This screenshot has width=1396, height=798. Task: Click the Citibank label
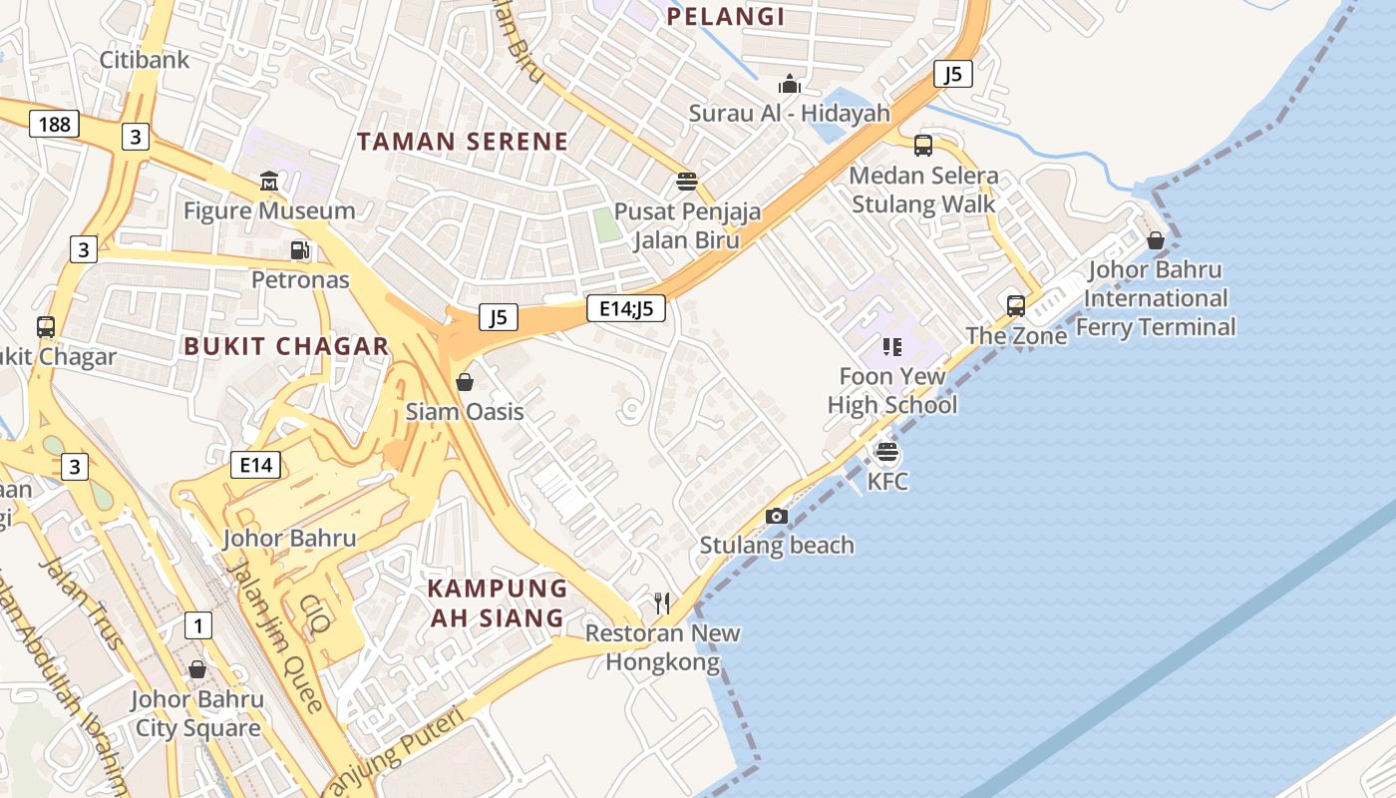pyautogui.click(x=145, y=60)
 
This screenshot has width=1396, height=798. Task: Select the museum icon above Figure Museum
pyautogui.click(x=269, y=182)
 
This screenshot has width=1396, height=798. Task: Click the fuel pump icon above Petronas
pyautogui.click(x=299, y=249)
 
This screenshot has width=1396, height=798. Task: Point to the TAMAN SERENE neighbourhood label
pyautogui.click(x=463, y=142)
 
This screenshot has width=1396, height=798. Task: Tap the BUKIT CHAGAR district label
pyautogui.click(x=286, y=346)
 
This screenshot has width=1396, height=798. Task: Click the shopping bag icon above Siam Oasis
pyautogui.click(x=465, y=381)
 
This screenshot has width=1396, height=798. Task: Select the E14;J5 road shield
pyautogui.click(x=626, y=308)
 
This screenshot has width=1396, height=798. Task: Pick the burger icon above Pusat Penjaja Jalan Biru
pyautogui.click(x=686, y=182)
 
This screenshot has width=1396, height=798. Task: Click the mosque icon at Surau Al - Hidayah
pyautogui.click(x=790, y=84)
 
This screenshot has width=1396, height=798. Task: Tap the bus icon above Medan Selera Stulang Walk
pyautogui.click(x=923, y=146)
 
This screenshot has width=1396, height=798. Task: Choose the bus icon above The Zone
pyautogui.click(x=1016, y=305)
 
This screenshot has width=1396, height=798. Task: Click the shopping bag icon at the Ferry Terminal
pyautogui.click(x=1156, y=240)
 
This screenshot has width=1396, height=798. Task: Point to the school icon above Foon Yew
pyautogui.click(x=892, y=347)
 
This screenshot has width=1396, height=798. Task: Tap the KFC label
pyautogui.click(x=887, y=482)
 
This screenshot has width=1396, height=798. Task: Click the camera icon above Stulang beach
pyautogui.click(x=777, y=516)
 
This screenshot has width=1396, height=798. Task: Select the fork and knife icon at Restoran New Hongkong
pyautogui.click(x=662, y=602)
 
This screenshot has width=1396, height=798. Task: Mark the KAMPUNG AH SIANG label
pyautogui.click(x=498, y=602)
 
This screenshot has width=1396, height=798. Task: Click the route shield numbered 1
pyautogui.click(x=198, y=625)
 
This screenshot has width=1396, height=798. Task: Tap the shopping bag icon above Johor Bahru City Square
pyautogui.click(x=197, y=669)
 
